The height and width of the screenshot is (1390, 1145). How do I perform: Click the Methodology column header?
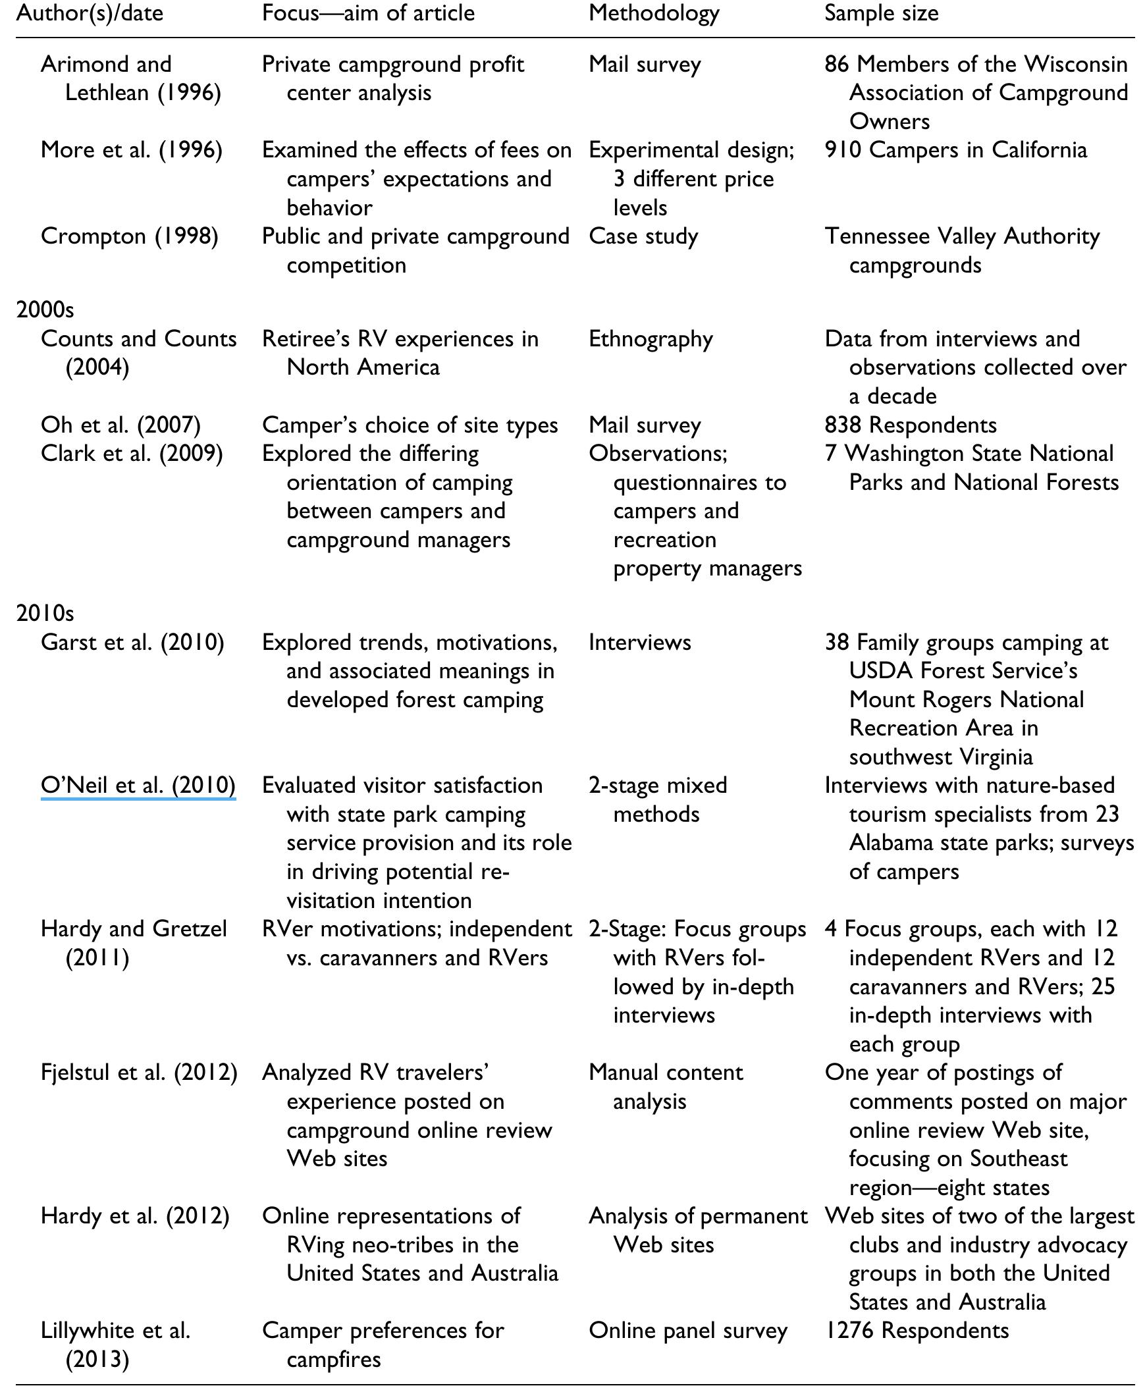(x=654, y=14)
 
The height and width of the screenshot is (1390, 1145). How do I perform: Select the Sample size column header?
(x=881, y=14)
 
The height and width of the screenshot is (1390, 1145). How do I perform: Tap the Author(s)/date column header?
(x=90, y=14)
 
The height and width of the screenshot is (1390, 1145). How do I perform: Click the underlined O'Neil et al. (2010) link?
(x=138, y=785)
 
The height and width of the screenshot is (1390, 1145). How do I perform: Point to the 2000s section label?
(x=45, y=309)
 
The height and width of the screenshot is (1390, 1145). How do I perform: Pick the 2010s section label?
(x=45, y=613)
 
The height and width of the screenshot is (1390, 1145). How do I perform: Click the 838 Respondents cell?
(x=910, y=425)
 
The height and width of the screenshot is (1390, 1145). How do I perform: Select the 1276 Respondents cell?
(x=916, y=1330)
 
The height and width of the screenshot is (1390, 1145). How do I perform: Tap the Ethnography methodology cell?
(x=651, y=339)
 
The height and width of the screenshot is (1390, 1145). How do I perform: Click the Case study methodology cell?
(x=643, y=236)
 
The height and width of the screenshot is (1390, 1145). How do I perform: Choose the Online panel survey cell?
(x=688, y=1330)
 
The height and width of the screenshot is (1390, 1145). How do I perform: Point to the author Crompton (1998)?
(x=129, y=236)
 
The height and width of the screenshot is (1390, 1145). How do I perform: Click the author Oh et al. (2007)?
(x=120, y=425)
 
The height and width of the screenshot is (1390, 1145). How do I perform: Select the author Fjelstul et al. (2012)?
(x=138, y=1073)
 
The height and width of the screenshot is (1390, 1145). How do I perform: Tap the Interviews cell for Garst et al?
(x=640, y=642)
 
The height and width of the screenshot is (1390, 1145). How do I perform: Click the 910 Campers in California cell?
(x=956, y=149)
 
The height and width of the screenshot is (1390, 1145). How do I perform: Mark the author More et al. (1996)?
(x=131, y=149)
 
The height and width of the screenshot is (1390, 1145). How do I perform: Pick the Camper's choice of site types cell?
(x=410, y=425)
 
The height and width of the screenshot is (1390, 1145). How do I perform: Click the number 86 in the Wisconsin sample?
(x=836, y=64)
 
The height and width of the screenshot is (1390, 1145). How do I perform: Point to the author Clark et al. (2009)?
(x=131, y=453)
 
